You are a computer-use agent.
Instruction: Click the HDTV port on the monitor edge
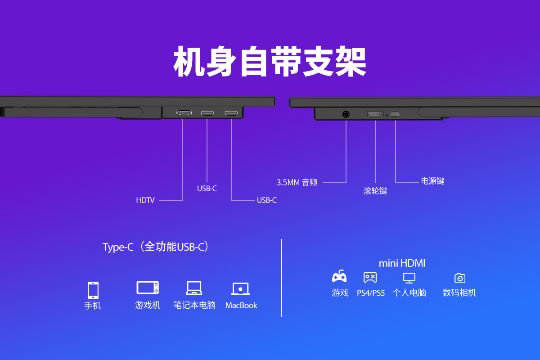[x=184, y=112]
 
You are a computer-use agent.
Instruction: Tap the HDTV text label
[x=145, y=200]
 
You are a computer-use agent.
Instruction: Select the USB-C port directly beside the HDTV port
[x=207, y=112]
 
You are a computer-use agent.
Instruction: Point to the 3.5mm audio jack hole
[x=346, y=114]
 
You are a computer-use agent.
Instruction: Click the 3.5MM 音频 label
[x=297, y=182]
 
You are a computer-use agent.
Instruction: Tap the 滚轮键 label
[x=375, y=191]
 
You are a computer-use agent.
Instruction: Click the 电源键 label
[x=432, y=181]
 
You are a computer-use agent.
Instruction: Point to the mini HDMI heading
[x=402, y=263]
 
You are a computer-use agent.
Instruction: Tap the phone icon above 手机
[x=93, y=290]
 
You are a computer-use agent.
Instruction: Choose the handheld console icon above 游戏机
[x=148, y=288]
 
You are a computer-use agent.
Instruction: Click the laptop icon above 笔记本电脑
[x=194, y=288]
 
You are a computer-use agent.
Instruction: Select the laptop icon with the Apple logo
[x=241, y=288]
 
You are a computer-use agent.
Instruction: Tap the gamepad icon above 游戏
[x=339, y=276]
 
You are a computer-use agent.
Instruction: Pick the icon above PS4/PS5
[x=370, y=277]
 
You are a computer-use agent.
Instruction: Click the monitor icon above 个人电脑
[x=409, y=278]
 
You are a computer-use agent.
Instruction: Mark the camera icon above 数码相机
[x=459, y=278]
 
